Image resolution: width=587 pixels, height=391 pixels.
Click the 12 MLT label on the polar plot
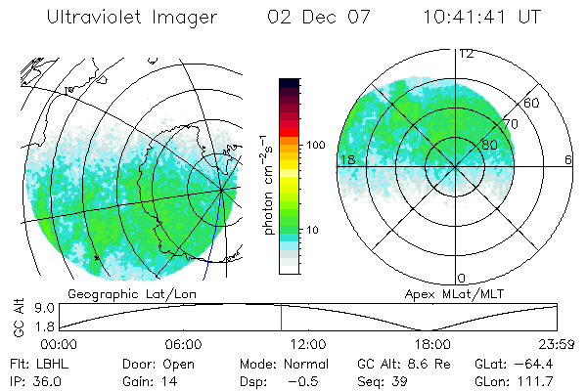[x=467, y=54]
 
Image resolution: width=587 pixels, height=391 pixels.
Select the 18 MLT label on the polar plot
[x=346, y=159]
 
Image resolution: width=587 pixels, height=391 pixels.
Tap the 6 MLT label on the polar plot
[x=568, y=159]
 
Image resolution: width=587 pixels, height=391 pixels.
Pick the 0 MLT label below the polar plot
[x=463, y=278]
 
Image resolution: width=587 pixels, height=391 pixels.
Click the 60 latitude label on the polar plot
[x=532, y=103]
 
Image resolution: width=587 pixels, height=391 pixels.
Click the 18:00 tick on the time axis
[x=432, y=345]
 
